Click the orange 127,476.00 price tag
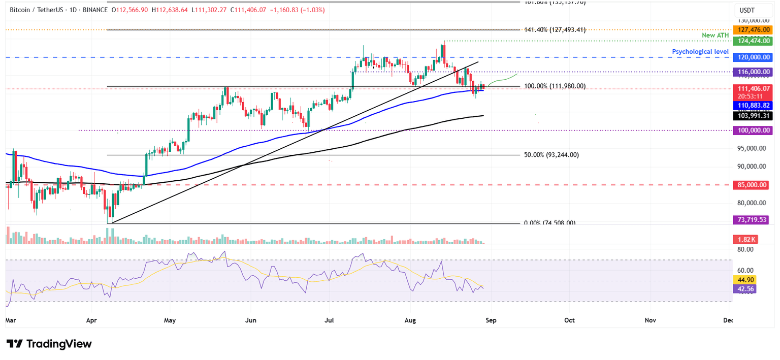pyautogui.click(x=751, y=30)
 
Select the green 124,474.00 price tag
pyautogui.click(x=751, y=41)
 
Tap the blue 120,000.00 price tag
pyautogui.click(x=751, y=57)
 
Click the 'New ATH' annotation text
pyautogui.click(x=714, y=35)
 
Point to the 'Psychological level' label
pyautogui.click(x=700, y=52)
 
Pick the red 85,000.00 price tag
pyautogui.click(x=751, y=185)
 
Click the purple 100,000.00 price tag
pyautogui.click(x=751, y=130)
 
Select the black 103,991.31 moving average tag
pyautogui.click(x=751, y=116)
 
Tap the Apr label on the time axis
pyautogui.click(x=92, y=320)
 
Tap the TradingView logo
pyautogui.click(x=49, y=344)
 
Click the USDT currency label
pyautogui.click(x=747, y=10)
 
